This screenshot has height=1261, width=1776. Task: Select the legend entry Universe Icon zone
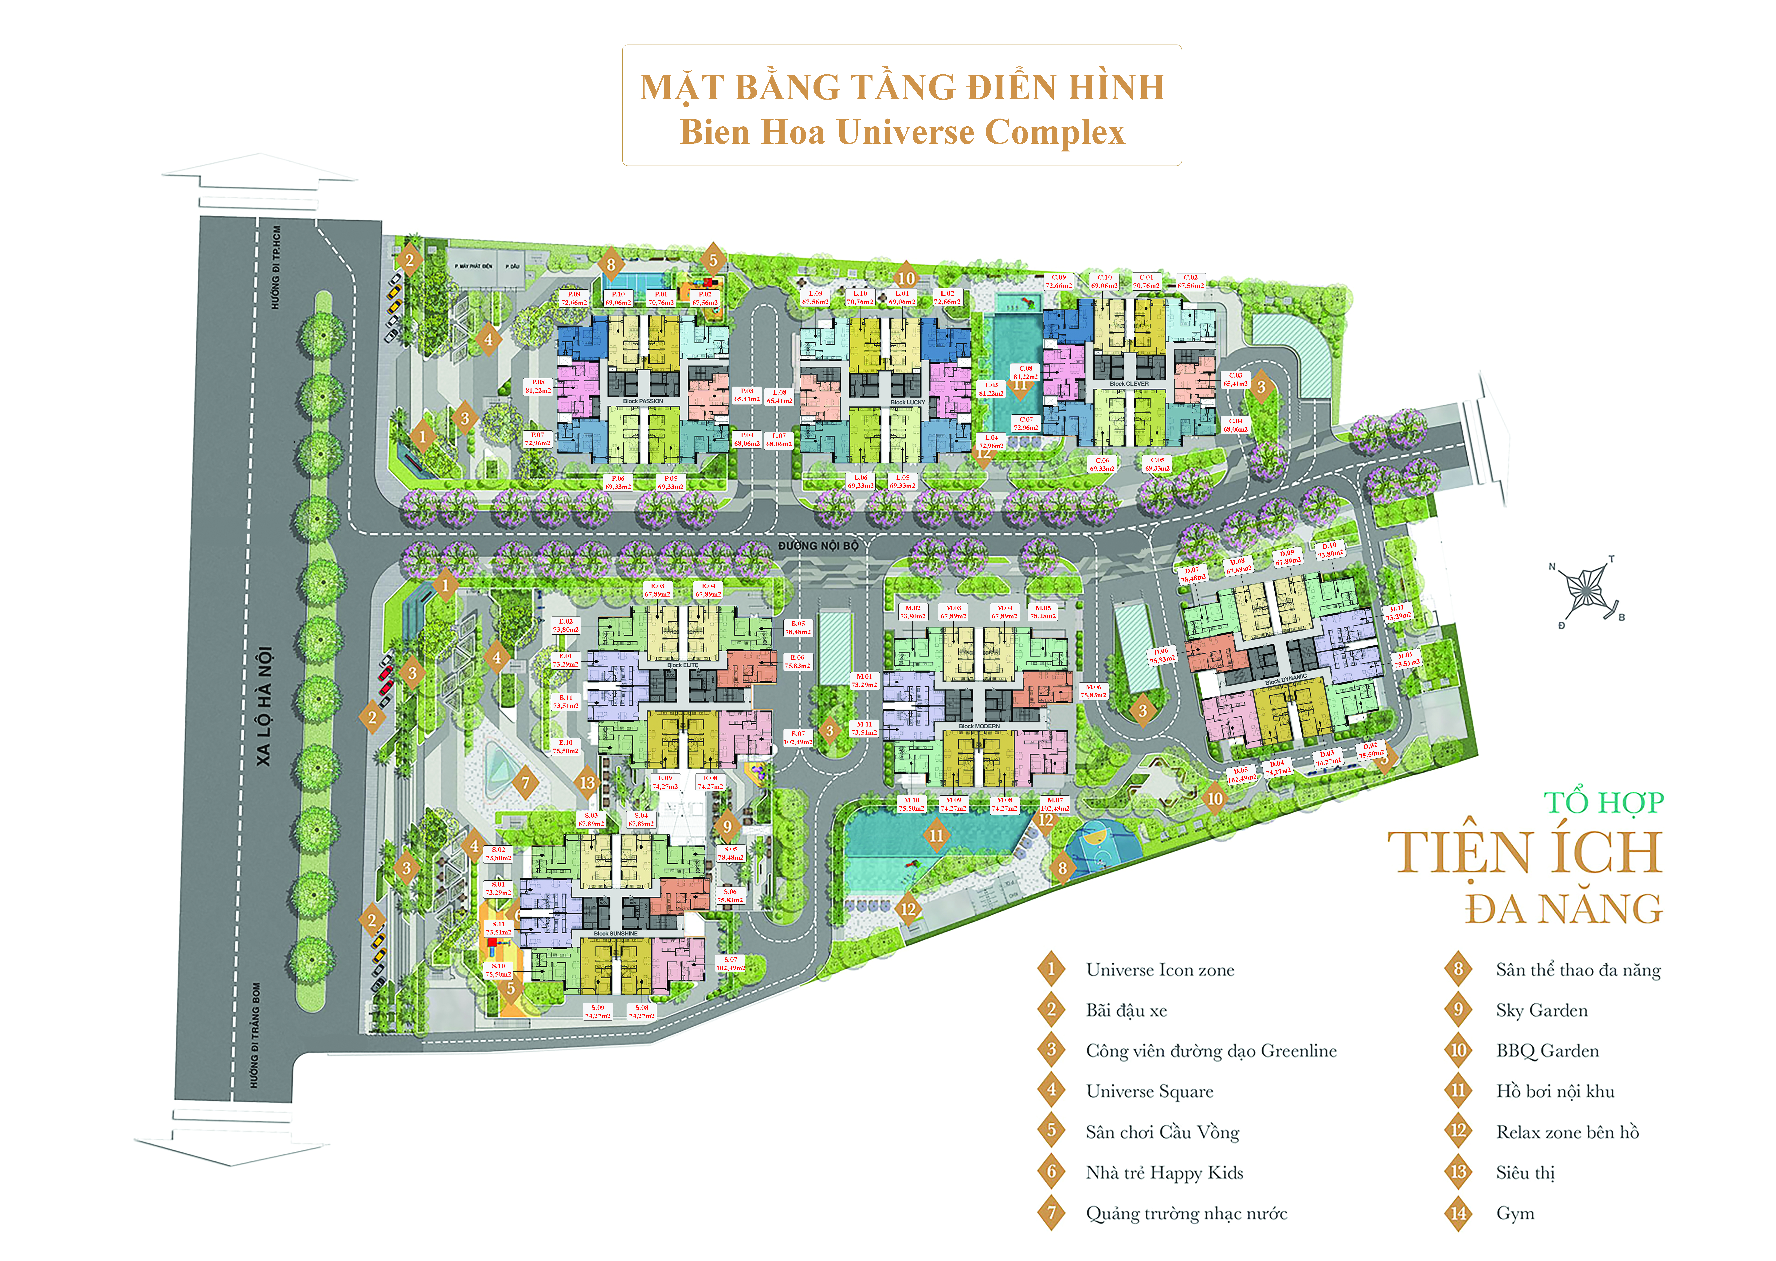point(1159,970)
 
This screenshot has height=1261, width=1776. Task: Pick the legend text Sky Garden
point(1542,1010)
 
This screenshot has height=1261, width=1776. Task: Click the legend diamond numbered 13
point(1458,1173)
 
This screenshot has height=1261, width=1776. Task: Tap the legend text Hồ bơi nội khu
point(1555,1092)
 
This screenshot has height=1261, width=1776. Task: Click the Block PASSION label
point(643,401)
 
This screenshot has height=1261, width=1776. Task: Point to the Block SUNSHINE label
point(616,933)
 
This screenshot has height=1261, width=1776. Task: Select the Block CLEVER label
point(1129,384)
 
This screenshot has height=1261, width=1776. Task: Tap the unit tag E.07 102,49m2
point(798,738)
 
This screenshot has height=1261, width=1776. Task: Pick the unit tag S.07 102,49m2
point(730,964)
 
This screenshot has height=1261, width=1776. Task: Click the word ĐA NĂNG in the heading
point(1563,909)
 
